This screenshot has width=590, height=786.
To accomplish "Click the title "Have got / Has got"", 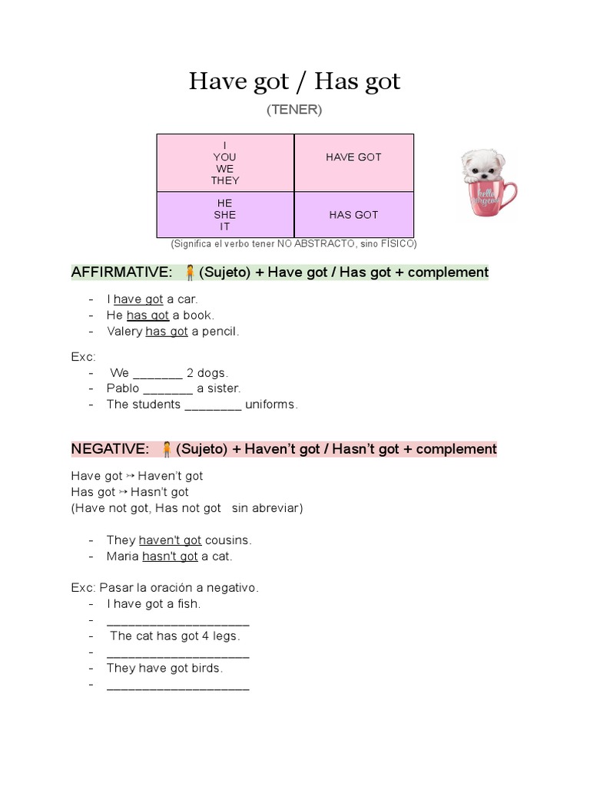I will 294,81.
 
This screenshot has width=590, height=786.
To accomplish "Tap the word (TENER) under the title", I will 294,110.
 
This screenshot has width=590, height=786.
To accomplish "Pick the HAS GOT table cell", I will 353,215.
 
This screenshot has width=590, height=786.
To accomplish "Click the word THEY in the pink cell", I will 225,181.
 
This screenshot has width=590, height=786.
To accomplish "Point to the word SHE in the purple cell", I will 225,215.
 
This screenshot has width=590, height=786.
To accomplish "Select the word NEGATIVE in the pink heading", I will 110,449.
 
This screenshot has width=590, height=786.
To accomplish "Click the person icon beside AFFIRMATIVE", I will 189,272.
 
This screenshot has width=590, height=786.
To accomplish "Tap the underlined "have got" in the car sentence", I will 138,299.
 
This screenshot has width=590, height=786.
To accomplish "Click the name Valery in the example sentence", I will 124,332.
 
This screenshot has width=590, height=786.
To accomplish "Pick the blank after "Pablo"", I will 167,389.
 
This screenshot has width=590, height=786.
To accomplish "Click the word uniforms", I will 270,405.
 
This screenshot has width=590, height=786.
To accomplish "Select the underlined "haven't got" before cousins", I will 170,540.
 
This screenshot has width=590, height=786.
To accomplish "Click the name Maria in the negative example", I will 123,556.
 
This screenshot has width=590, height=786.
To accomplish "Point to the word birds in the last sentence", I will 206,669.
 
